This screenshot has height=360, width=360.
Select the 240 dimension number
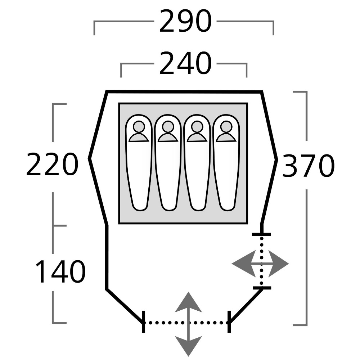[x=185, y=64]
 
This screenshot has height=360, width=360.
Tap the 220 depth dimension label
[x=52, y=165]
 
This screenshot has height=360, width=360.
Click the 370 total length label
[x=308, y=166]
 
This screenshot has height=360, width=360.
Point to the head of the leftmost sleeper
[x=139, y=127]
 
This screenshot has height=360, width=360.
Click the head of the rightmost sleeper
[x=226, y=127]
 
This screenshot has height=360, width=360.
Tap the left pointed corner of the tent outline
[x=90, y=158]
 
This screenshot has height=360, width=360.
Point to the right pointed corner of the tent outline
[x=277, y=159]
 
